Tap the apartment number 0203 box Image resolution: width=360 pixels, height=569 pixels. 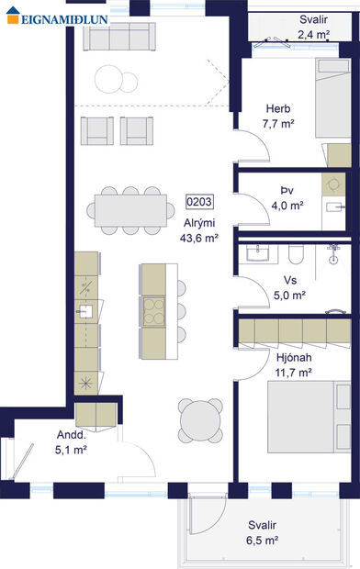198,201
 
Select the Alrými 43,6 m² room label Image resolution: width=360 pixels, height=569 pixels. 198,229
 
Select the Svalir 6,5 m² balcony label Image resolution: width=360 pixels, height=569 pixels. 262,533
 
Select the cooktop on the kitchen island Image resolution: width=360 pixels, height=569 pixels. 152,307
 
